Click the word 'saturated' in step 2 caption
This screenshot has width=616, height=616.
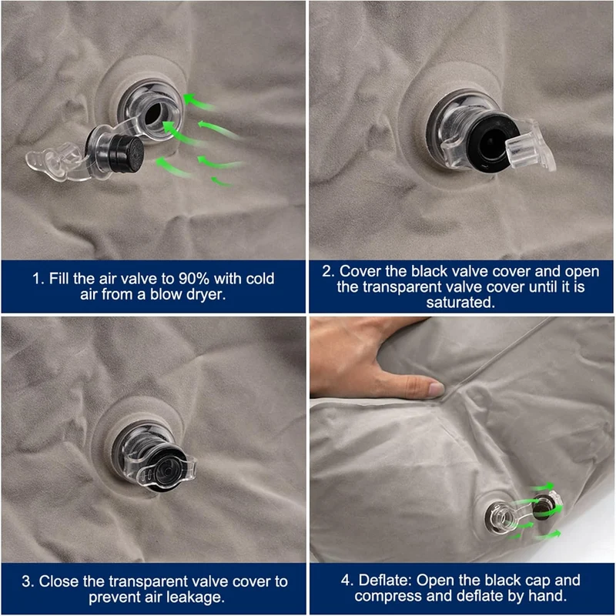pyautogui.click(x=460, y=302)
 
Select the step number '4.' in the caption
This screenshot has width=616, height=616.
pyautogui.click(x=348, y=581)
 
